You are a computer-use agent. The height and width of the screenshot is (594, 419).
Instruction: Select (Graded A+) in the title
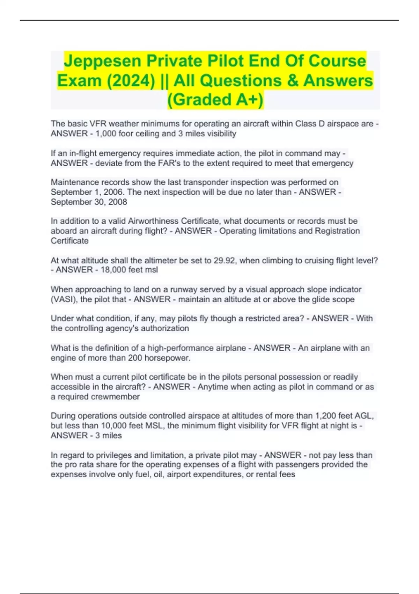tap(215, 100)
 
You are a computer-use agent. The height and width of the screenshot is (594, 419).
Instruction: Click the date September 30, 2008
tap(89, 202)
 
